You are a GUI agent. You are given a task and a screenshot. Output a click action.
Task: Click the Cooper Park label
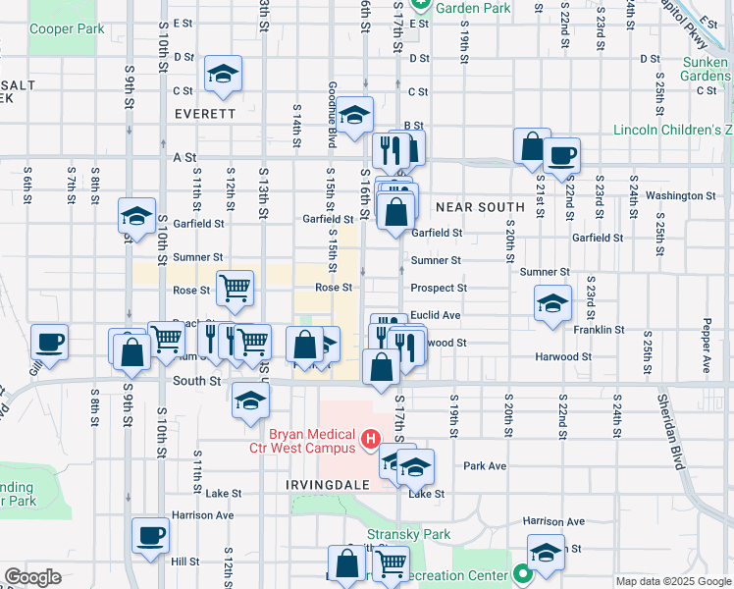tap(67, 29)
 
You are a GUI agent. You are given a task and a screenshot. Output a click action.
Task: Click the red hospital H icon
tap(371, 439)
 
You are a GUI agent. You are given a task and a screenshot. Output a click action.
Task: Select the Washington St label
tap(679, 195)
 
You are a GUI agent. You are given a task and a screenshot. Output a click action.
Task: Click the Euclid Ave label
tap(435, 315)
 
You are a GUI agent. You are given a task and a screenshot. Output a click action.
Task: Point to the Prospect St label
tap(438, 289)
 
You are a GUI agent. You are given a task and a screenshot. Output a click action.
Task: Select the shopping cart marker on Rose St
tap(236, 288)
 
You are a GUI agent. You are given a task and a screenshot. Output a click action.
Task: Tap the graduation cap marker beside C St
tap(224, 74)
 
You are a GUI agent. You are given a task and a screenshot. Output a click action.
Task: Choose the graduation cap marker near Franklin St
tap(552, 302)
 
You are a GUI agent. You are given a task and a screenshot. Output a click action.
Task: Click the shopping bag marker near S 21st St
tap(531, 146)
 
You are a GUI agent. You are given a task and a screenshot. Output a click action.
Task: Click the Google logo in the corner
tap(32, 577)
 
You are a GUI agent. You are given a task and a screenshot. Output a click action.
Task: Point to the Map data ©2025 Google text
tap(674, 581)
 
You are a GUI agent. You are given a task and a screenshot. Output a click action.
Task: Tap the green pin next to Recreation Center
tap(522, 575)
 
